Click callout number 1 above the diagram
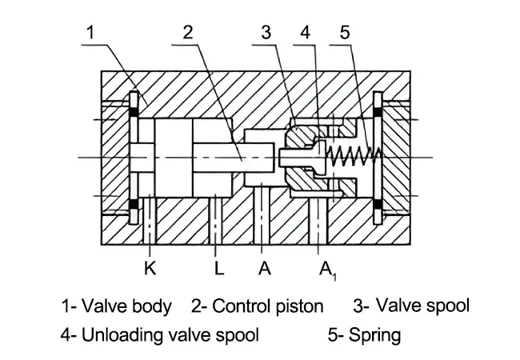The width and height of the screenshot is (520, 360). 92,33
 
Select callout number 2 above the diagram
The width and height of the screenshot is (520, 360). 188,33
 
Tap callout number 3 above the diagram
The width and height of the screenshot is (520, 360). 266,33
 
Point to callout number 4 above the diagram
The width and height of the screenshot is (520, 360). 305,33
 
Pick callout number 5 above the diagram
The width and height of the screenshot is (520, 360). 345,33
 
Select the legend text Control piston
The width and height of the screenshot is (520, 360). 268,306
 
